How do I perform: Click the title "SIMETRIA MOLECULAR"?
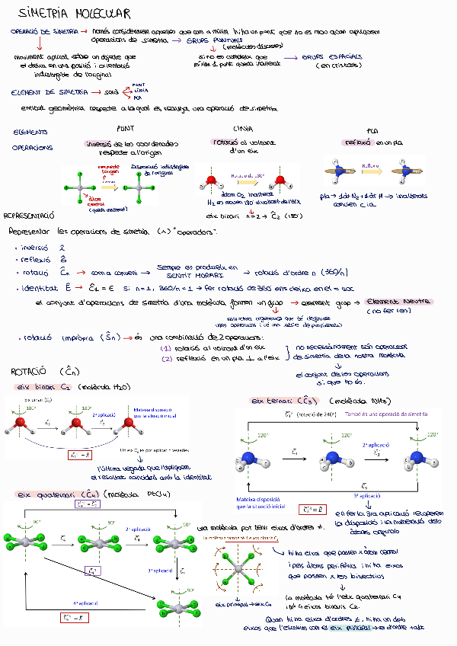coord(74,13)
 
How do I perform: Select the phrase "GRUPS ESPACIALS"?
coord(333,57)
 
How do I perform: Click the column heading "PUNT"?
coord(125,129)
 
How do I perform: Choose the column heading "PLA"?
coord(372,130)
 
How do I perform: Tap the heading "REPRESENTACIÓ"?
coord(30,216)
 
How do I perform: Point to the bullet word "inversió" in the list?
coord(36,248)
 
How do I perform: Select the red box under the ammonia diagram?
coord(313,509)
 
